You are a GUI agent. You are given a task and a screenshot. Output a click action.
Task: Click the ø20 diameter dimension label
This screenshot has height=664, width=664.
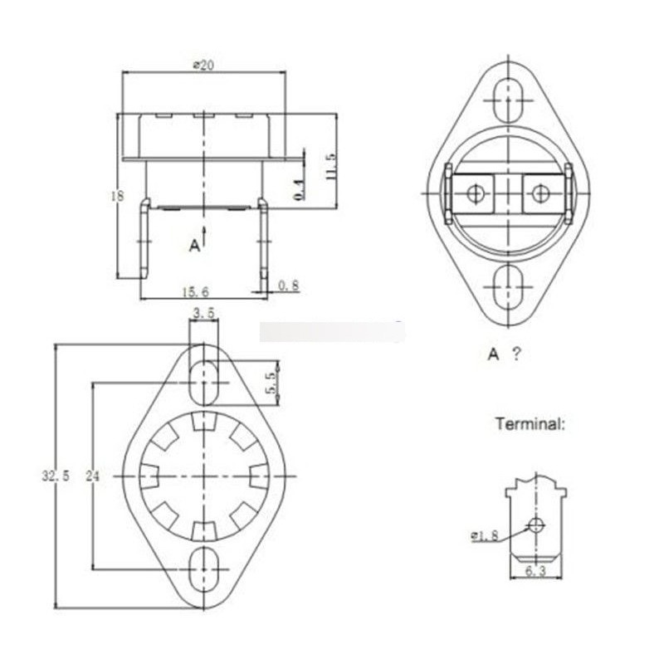click(x=203, y=65)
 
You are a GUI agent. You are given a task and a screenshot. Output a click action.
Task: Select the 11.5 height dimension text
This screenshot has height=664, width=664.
click(x=330, y=167)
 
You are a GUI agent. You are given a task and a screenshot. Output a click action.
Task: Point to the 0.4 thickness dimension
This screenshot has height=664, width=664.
click(x=299, y=189)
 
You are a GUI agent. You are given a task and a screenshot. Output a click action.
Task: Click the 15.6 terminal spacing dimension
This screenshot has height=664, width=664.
click(x=196, y=292)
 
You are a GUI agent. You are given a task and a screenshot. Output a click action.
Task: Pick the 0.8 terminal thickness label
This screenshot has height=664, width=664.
click(x=289, y=286)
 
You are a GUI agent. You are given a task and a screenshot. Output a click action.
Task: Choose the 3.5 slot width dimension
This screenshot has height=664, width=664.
click(x=203, y=313)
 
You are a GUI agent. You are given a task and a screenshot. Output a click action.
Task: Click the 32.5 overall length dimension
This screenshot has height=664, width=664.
click(x=56, y=476)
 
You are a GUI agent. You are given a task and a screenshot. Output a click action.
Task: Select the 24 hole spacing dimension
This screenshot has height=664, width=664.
click(x=93, y=476)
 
